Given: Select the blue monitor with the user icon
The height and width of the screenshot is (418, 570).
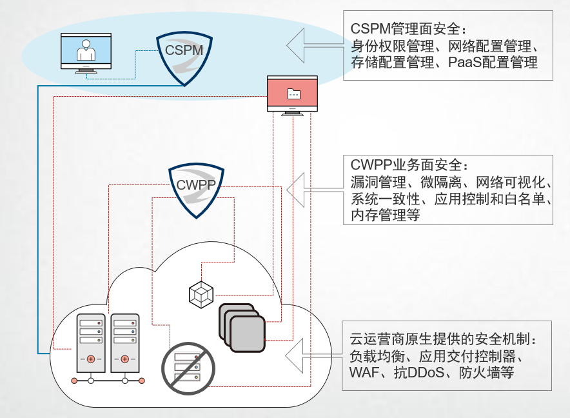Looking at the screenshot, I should [85, 52].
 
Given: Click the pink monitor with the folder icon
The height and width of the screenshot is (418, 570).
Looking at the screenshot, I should [293, 94].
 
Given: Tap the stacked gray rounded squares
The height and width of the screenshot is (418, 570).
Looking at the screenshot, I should [242, 326].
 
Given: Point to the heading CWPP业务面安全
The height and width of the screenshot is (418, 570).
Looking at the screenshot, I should [407, 166].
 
